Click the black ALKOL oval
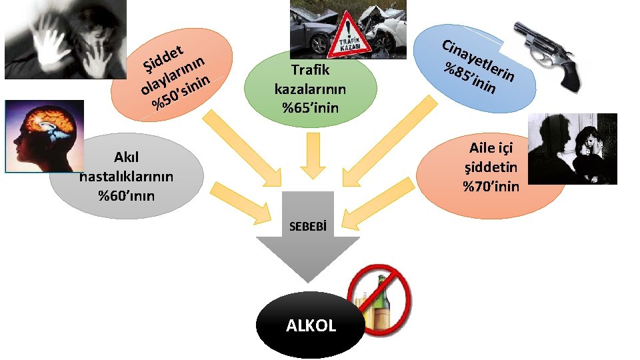[311, 325]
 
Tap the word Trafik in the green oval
[311, 69]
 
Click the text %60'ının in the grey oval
[126, 195]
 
